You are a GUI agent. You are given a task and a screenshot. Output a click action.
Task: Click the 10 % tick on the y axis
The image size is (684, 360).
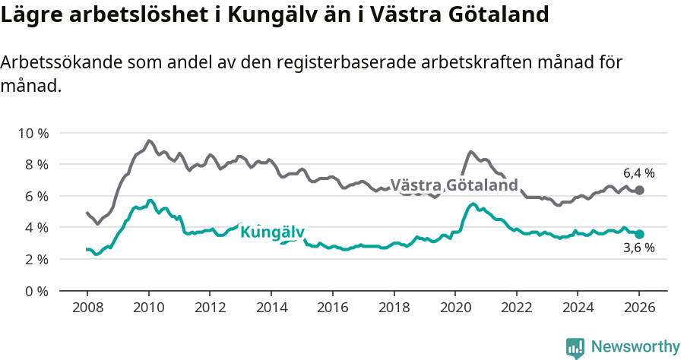pos(33,133)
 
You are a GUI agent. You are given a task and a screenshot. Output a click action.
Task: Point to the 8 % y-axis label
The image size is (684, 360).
pos(36,165)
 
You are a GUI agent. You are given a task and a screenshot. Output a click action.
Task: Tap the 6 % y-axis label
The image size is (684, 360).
pos(36,196)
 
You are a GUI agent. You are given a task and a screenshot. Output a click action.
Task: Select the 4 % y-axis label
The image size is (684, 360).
pos(36,228)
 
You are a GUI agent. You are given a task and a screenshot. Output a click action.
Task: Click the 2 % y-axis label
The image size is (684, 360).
pos(36,259)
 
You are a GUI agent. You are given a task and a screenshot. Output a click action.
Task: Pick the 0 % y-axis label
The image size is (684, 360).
pos(36,291)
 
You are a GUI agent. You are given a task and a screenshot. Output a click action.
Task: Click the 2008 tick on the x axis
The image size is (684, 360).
pos(87,308)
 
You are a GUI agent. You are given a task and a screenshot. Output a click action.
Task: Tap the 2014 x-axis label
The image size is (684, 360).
pos(271,308)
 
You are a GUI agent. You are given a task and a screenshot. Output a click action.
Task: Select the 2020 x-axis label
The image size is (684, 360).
pos(454,308)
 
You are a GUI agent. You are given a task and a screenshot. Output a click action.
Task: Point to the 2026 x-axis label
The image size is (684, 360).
pos(638,308)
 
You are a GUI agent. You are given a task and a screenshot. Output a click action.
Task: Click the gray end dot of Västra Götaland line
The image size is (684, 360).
pos(639,190)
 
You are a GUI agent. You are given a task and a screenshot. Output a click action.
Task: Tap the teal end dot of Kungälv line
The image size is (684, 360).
pos(639,235)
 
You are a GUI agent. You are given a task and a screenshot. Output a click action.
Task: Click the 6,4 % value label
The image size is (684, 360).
pos(638,173)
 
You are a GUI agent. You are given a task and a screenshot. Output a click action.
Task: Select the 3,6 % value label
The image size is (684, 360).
pos(638,248)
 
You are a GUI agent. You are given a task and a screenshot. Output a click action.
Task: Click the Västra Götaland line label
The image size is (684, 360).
pos(454,185)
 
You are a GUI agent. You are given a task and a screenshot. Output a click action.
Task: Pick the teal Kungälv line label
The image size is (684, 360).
pos(272,232)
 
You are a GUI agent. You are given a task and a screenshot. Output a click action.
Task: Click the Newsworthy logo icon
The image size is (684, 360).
pos(575,347)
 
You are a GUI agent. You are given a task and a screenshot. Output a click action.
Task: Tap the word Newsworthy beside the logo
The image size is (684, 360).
pos(635,347)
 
